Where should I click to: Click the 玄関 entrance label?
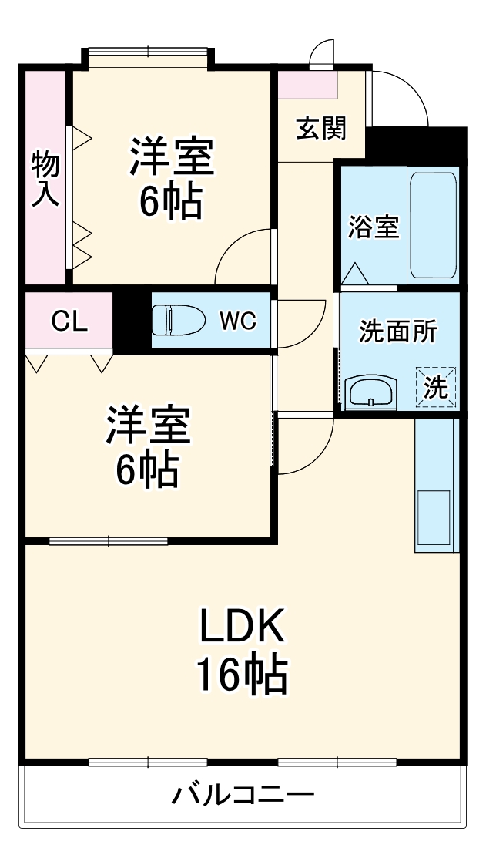coord(322,129)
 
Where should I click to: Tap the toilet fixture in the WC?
coord(178,320)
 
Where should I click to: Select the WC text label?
coord(238,320)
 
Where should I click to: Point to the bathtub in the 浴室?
coord(433,227)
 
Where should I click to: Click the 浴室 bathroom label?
coord(373,227)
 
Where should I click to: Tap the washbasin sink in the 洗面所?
coord(372,392)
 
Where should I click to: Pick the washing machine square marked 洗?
coord(436,388)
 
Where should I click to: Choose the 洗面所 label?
coord(398,332)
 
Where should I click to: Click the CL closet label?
coord(69,321)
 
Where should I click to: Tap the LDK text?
coord(243,626)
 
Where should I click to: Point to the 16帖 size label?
coord(243,674)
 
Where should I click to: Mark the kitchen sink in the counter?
coord(434,517)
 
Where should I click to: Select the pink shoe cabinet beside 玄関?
coord(307,85)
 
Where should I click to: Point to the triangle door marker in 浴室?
coord(355,274)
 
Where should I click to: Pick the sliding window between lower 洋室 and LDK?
coord(108,541)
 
